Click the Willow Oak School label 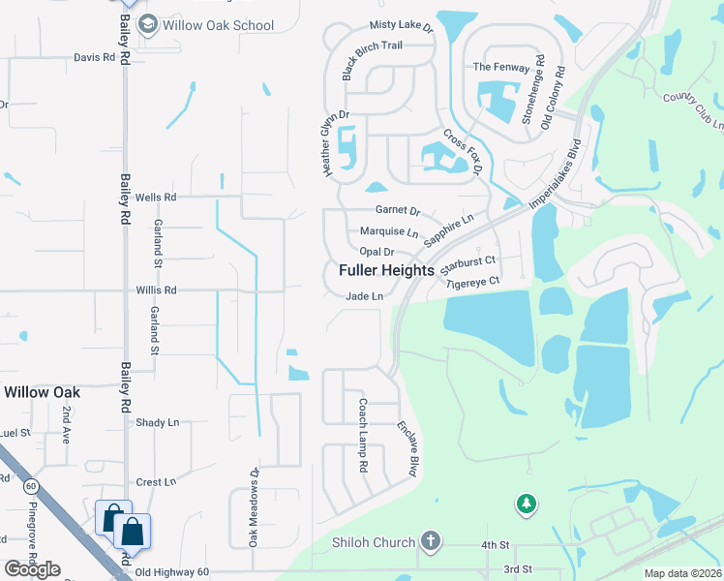218,26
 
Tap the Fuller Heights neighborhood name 386,271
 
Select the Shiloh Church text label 373,542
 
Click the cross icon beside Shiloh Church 432,542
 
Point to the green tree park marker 526,504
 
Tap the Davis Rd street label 94,57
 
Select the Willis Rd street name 155,290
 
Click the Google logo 33,569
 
